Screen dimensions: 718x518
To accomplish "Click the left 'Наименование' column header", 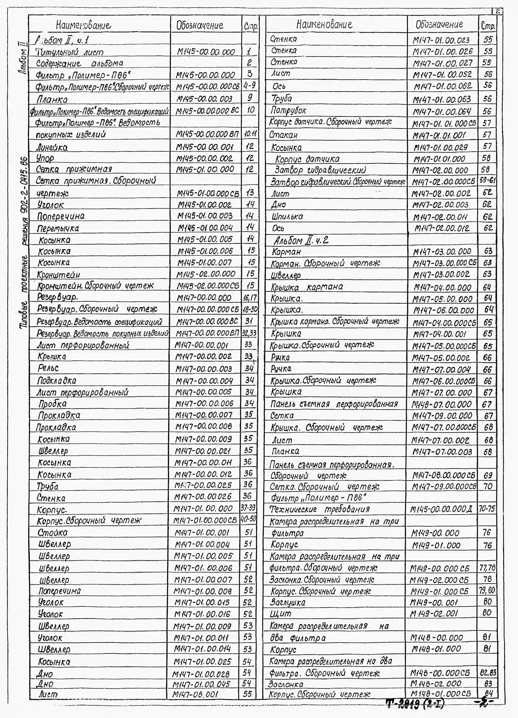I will coord(84,25).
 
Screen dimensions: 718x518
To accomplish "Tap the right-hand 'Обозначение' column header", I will coord(439,24).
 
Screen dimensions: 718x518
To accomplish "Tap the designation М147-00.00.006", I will coord(204,403).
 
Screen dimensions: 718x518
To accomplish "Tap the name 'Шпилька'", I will coord(287,216).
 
